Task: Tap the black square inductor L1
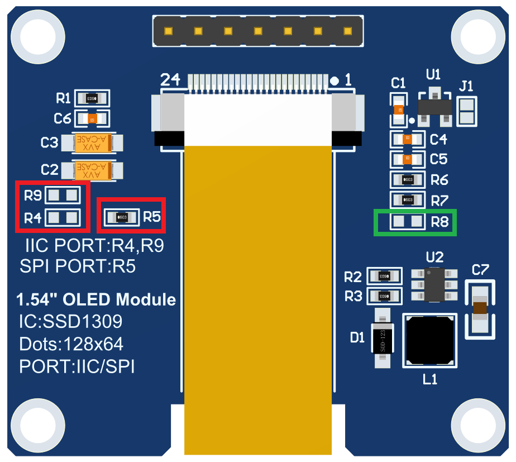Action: click(429, 340)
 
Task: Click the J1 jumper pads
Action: click(466, 111)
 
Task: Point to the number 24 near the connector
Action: click(170, 80)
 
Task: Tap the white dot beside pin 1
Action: click(335, 81)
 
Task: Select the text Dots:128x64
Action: click(71, 344)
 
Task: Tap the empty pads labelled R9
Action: click(63, 196)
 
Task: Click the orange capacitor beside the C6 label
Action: click(92, 118)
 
